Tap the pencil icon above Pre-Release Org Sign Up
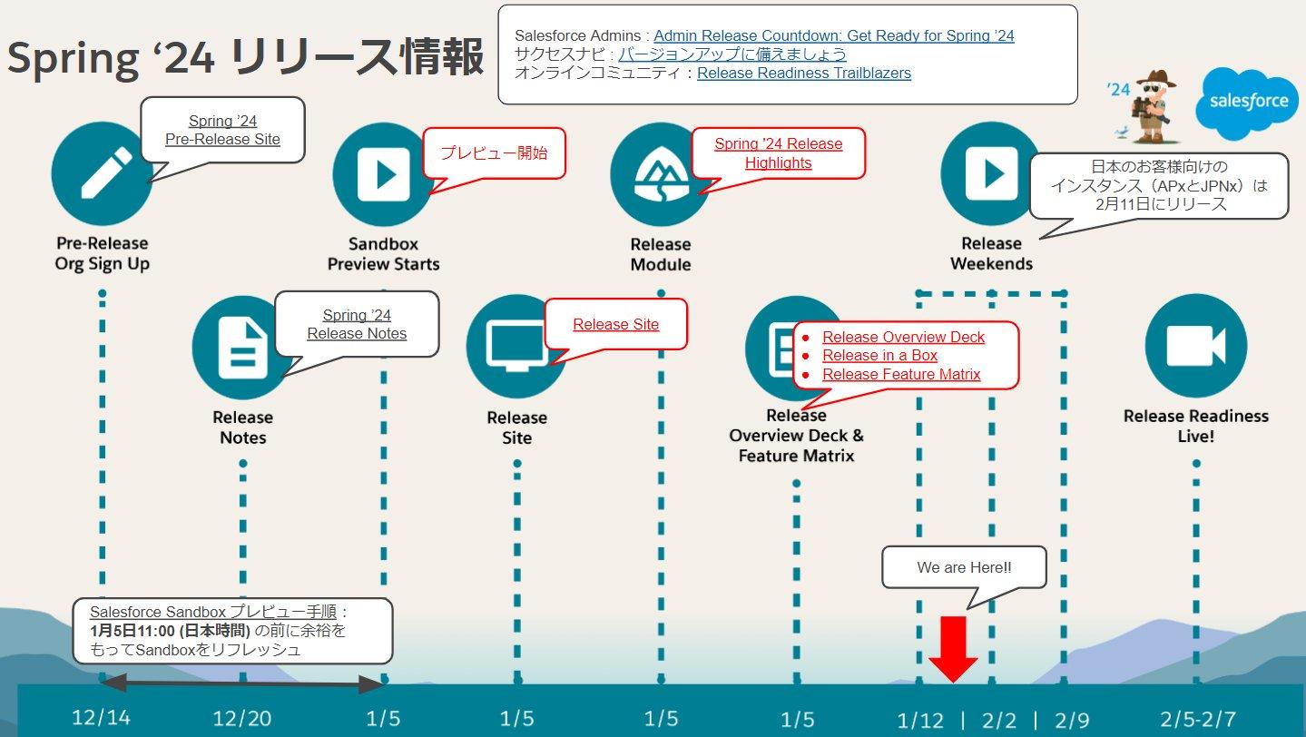tap(102, 172)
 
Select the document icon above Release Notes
tap(242, 347)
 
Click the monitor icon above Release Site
tap(516, 346)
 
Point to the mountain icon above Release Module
tap(660, 172)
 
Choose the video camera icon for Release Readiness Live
tap(1195, 346)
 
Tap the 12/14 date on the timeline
tap(101, 718)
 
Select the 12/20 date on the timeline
tap(242, 719)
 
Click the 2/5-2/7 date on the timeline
tap(1197, 719)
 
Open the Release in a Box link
tap(879, 356)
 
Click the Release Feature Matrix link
tap(901, 374)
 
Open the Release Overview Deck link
tap(903, 337)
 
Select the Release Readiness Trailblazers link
tap(803, 73)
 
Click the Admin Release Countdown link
tap(833, 35)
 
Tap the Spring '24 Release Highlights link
tap(778, 153)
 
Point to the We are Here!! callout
tap(964, 567)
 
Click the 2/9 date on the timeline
tap(1072, 720)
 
